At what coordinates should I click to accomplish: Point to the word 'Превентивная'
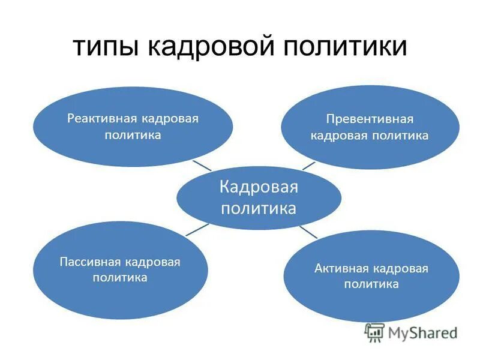[x=370, y=119]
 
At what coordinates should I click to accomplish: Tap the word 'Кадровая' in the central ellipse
[x=258, y=187]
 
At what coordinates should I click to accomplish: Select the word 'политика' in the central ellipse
[x=258, y=208]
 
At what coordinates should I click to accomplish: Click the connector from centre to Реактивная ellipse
[x=202, y=165]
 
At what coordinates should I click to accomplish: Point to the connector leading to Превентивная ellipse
[x=308, y=164]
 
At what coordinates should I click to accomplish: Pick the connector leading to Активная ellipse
[x=308, y=232]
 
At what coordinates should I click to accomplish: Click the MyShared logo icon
[x=374, y=332]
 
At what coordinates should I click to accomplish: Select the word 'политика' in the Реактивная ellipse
[x=133, y=134]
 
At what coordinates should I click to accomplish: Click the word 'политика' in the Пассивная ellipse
[x=120, y=278]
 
